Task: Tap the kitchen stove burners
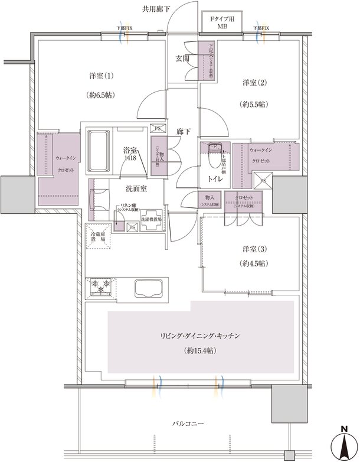pos(101,287)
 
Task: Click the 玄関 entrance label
pos(181,58)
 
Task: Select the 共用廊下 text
pos(156,8)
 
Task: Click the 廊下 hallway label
pos(182,132)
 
